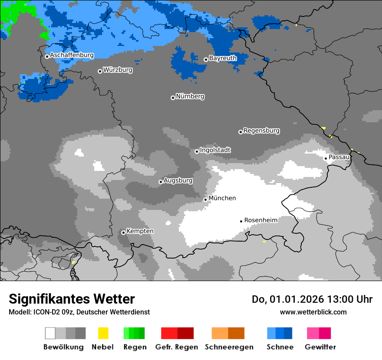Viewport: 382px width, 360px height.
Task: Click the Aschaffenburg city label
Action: point(72,56)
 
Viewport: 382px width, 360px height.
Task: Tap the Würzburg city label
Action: point(118,70)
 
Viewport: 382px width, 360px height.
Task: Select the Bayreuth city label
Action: point(223,58)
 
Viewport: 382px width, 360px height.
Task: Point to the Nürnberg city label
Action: point(190,96)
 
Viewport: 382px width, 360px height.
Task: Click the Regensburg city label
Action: point(261,131)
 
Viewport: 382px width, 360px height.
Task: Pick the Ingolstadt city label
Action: point(215,150)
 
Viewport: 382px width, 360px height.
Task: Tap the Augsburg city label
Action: point(178,180)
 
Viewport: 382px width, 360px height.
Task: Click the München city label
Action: point(222,198)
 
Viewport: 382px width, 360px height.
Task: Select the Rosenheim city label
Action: point(261,220)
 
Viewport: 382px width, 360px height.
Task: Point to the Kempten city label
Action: point(140,231)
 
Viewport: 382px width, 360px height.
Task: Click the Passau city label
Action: point(339,157)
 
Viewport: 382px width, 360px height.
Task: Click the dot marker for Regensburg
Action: point(240,132)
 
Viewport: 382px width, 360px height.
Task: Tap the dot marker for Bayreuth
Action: point(206,60)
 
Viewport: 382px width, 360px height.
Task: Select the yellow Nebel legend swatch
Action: point(103,333)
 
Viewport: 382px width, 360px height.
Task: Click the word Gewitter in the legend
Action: point(320,347)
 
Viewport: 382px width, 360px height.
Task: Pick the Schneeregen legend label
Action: point(229,347)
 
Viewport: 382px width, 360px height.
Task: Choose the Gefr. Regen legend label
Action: point(177,347)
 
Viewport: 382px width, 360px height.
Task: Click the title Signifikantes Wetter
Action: point(72,299)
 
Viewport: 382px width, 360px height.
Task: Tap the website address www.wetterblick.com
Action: point(313,312)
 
